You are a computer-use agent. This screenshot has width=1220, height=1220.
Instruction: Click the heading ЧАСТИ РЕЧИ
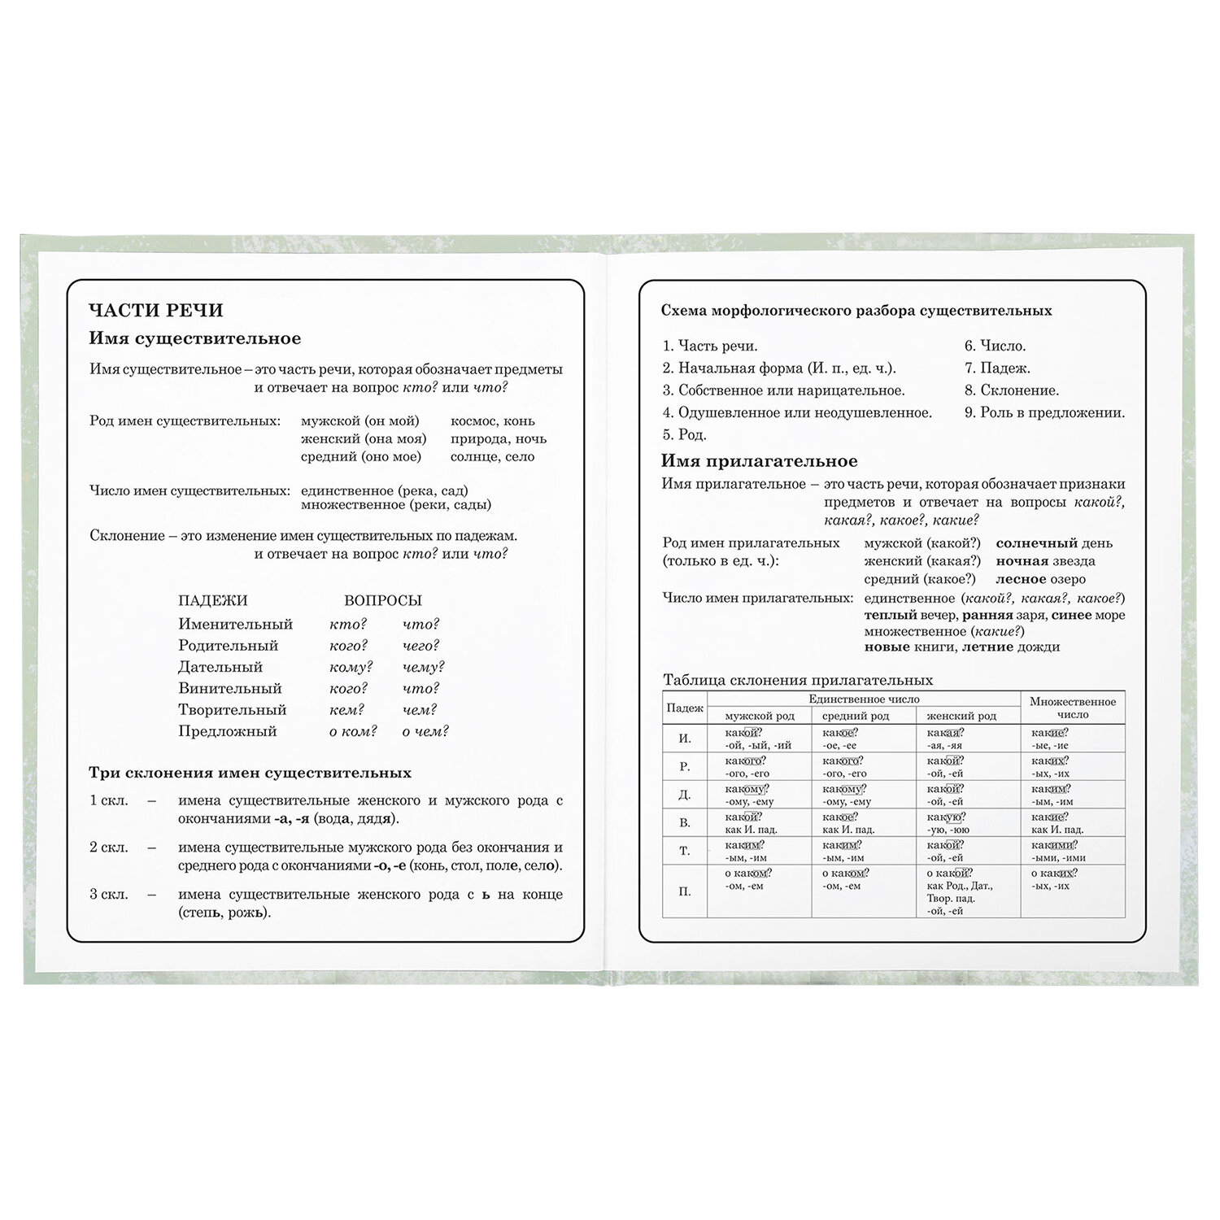pos(155,310)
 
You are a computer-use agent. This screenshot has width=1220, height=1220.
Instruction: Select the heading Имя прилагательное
pos(759,461)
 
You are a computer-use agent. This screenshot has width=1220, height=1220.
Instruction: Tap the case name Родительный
pos(228,646)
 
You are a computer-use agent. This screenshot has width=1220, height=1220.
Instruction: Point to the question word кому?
pos(351,667)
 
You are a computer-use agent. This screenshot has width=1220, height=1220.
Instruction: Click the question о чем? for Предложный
pos(425,731)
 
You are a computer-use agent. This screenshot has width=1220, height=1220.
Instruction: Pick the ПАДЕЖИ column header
pos(212,601)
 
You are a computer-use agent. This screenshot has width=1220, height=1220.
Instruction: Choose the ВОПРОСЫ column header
pos(382,601)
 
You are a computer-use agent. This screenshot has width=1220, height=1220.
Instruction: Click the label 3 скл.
pos(109,895)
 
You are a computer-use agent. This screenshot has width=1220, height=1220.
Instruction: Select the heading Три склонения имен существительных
pos(250,773)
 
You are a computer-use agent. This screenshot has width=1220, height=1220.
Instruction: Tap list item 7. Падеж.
pos(997,368)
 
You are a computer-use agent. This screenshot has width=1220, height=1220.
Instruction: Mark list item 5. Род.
pos(684,434)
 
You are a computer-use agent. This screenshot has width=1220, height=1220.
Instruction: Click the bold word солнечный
pos(1036,543)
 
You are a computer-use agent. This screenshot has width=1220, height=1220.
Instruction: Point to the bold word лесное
pos(1021,580)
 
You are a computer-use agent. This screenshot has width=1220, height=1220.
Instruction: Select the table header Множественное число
pos(1072,708)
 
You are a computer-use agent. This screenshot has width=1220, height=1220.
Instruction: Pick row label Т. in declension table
pos(684,851)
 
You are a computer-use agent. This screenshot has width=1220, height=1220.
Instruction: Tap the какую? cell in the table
pos(945,817)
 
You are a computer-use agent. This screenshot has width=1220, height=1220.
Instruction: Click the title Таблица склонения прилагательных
pos(797,680)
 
